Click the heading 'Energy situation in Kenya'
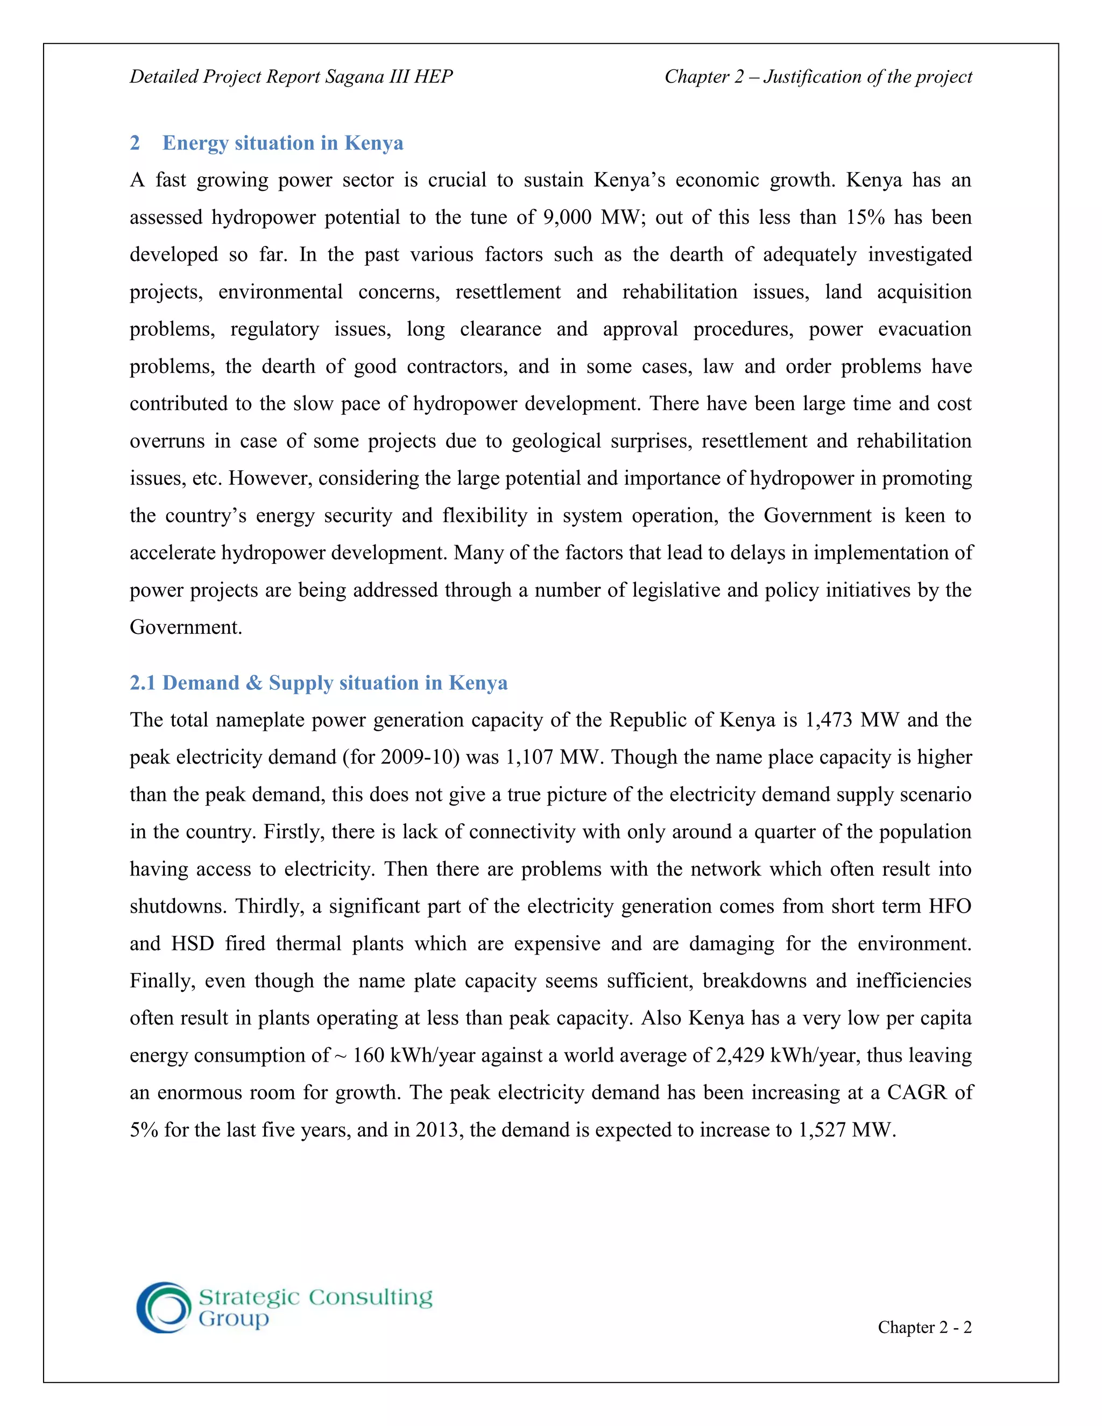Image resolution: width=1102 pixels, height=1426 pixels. [282, 143]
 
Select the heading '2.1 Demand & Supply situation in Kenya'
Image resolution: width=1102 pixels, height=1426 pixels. [319, 683]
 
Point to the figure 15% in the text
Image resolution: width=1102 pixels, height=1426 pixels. [865, 217]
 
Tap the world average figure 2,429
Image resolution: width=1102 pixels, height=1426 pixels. [740, 1056]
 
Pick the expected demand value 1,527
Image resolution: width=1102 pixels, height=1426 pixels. [822, 1130]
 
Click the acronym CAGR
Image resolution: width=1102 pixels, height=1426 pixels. [916, 1093]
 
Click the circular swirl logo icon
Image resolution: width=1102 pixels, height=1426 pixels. [163, 1307]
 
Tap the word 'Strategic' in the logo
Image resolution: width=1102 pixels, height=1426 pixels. [248, 1297]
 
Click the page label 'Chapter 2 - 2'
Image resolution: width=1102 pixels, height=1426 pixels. [924, 1328]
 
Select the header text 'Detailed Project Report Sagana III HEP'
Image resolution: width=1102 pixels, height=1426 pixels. [291, 77]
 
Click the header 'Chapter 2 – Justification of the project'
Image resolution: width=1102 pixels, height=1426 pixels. [818, 77]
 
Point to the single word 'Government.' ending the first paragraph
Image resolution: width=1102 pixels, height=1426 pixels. [186, 627]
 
